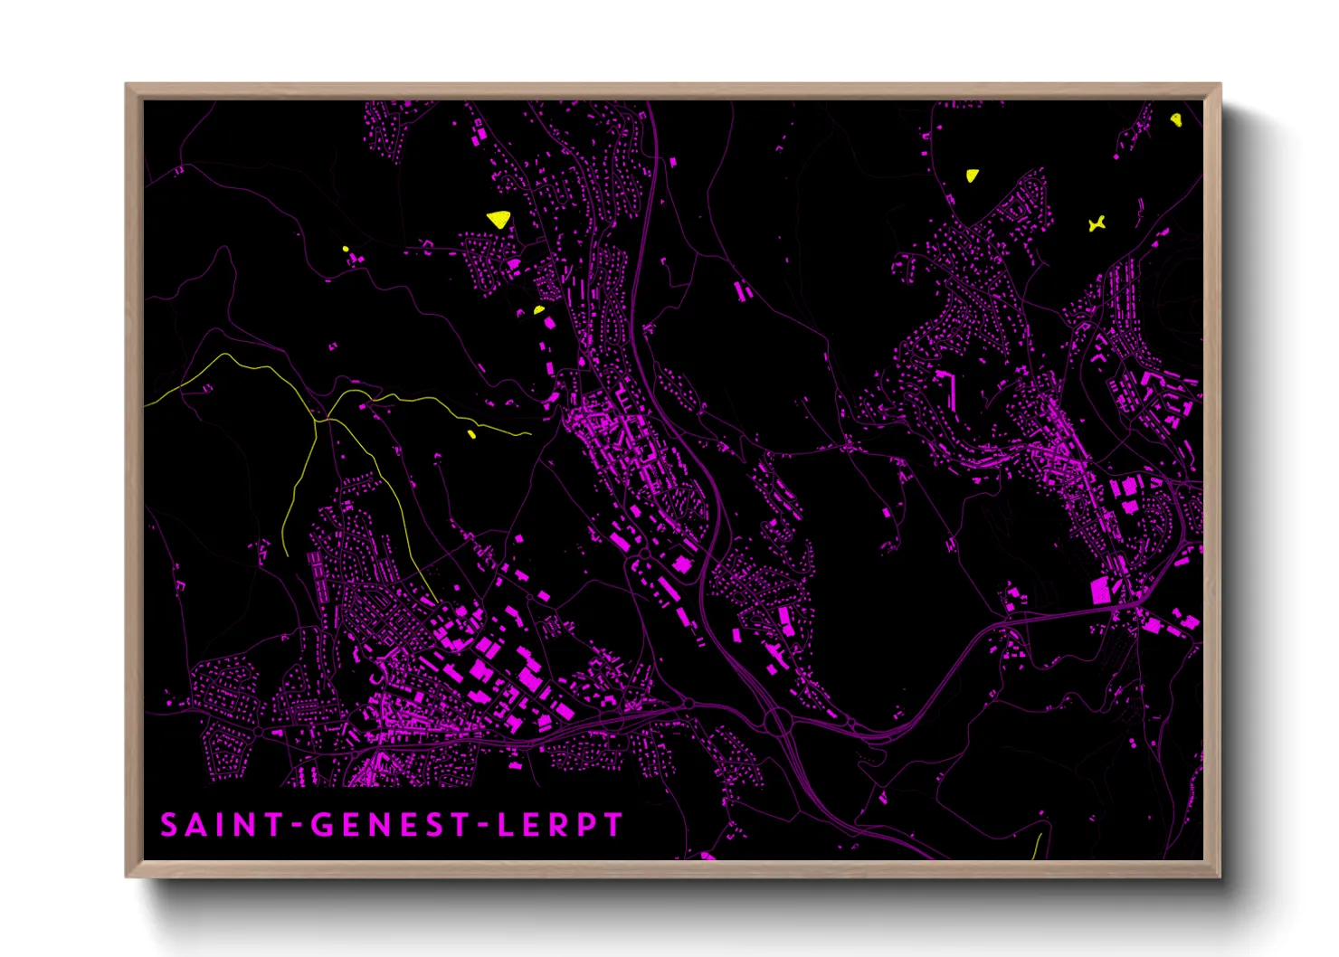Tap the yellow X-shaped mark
coord(1097,223)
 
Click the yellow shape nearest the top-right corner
coord(1175,119)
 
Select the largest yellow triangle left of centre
coord(499,219)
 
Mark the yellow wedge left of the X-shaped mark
coord(973,175)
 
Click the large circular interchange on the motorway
coord(777,721)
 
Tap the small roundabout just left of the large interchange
coord(689,704)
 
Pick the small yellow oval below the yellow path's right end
coord(471,435)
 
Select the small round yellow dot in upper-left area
coord(346,250)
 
